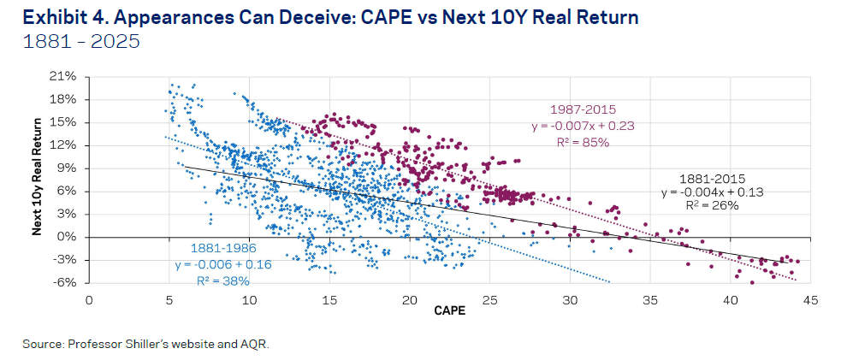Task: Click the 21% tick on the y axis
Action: pos(65,77)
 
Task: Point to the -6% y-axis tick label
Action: pos(65,283)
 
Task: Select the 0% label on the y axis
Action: pos(68,237)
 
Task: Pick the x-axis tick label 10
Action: pos(249,300)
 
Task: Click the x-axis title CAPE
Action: pos(449,311)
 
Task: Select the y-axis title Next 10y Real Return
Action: pos(39,180)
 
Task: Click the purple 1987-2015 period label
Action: pos(582,109)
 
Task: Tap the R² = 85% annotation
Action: pos(582,142)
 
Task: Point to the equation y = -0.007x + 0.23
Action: pos(582,126)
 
